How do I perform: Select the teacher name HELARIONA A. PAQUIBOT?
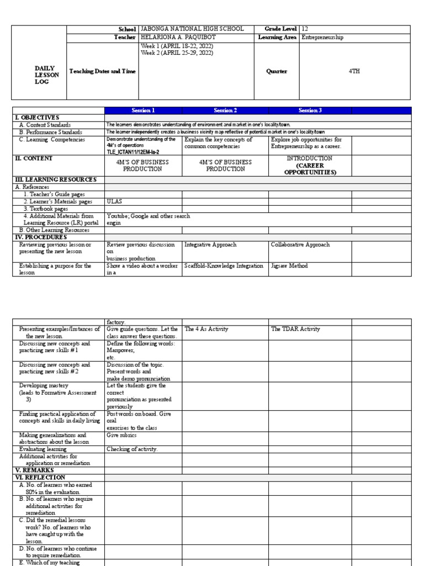pos(177,37)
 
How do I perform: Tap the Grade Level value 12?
pos(305,29)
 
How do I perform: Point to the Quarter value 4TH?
pos(354,71)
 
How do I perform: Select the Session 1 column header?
pos(143,110)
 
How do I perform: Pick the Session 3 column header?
pos(310,110)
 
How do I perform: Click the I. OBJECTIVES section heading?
pos(36,118)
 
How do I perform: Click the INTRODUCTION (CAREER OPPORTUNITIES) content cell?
pos(310,165)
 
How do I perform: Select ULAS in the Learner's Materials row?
pos(114,202)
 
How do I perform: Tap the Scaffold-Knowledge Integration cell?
pos(224,266)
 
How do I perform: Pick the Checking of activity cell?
pos(132,449)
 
